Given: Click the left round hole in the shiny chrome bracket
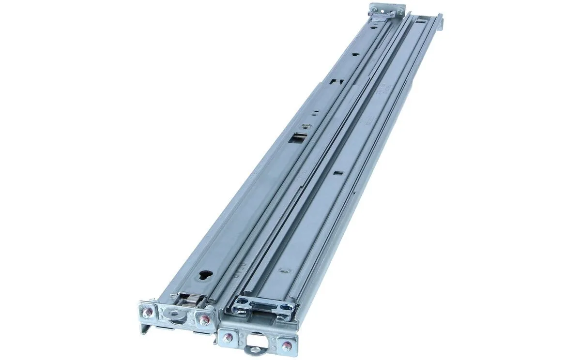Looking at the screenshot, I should [239, 303].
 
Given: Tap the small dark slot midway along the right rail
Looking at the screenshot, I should [338, 171].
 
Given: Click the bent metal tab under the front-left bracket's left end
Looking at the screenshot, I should [144, 328].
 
